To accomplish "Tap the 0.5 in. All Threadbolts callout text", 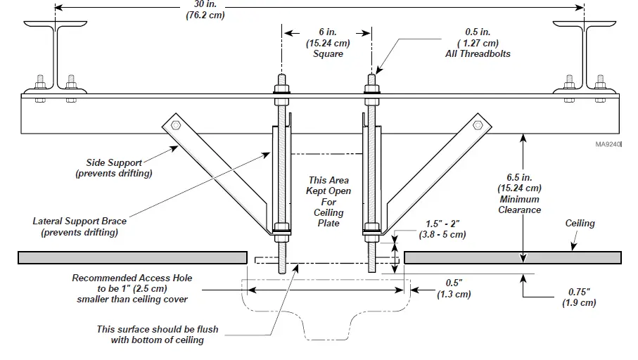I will click(478, 42).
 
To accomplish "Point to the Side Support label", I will click(114, 167).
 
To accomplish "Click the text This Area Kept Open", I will click(328, 202).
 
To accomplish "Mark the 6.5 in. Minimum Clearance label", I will click(520, 193).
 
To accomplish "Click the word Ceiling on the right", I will click(580, 224).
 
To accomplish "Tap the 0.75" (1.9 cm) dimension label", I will click(580, 297).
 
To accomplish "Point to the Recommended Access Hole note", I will click(132, 288).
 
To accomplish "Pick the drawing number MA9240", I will click(607, 146).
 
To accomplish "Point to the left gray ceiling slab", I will click(132, 258).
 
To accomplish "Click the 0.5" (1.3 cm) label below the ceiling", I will click(452, 289).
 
